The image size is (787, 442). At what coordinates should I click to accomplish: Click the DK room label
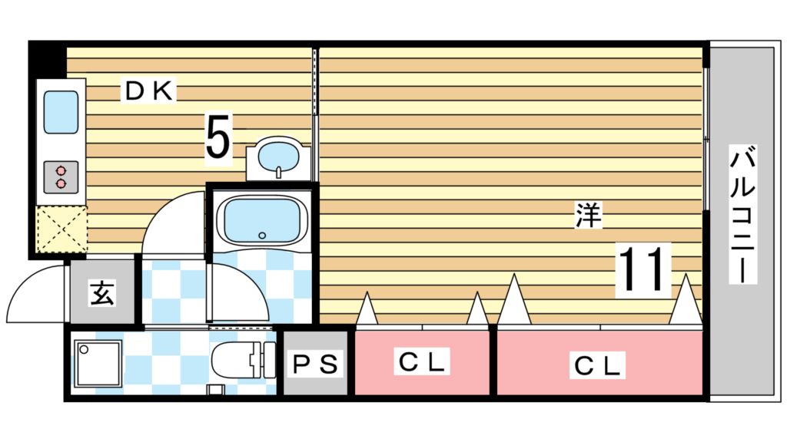pyautogui.click(x=151, y=91)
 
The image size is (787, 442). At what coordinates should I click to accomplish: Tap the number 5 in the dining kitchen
pyautogui.click(x=218, y=139)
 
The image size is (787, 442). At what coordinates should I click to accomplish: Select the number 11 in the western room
pyautogui.click(x=642, y=270)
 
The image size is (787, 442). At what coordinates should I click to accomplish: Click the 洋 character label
pyautogui.click(x=588, y=216)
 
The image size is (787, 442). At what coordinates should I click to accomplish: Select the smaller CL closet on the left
pyautogui.click(x=422, y=362)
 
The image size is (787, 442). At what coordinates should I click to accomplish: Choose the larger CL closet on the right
pyautogui.click(x=599, y=365)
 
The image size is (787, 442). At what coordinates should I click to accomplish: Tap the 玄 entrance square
pyautogui.click(x=102, y=293)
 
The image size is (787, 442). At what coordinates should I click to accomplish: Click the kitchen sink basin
pyautogui.click(x=60, y=112)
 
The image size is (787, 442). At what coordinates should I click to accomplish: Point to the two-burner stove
pyautogui.click(x=60, y=176)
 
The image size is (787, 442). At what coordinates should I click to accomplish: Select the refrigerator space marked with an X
pyautogui.click(x=61, y=229)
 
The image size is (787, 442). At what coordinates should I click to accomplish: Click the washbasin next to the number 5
pyautogui.click(x=277, y=158)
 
